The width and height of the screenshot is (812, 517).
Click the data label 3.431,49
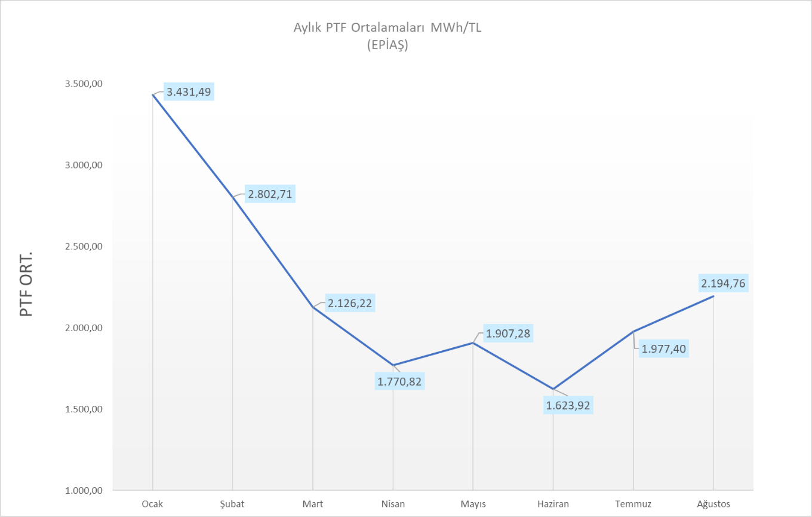point(188,92)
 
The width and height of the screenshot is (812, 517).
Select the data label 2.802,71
point(269,194)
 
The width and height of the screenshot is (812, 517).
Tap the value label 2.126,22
point(349,303)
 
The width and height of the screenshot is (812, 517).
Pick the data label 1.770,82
point(400,381)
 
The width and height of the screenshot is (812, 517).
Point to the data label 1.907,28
point(508,333)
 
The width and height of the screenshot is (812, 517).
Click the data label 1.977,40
point(664,348)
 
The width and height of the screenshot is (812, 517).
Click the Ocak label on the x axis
point(152,504)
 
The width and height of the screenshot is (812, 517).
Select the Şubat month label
point(232,504)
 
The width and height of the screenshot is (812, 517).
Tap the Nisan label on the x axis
point(393,504)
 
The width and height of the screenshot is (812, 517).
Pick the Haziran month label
point(553,504)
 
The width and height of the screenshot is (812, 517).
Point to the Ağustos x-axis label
point(713,504)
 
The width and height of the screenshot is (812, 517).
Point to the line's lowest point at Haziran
point(553,389)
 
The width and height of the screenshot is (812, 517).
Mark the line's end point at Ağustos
point(713,296)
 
